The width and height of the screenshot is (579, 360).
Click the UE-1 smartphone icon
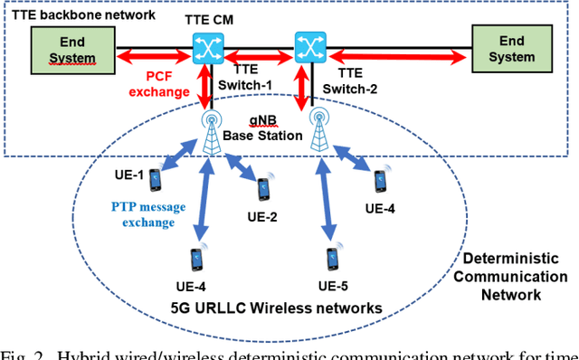(x=156, y=177)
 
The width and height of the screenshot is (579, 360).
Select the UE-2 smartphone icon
(x=263, y=189)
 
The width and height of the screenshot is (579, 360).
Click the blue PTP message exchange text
(x=142, y=215)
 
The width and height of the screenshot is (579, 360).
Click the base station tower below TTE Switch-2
(x=318, y=132)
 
